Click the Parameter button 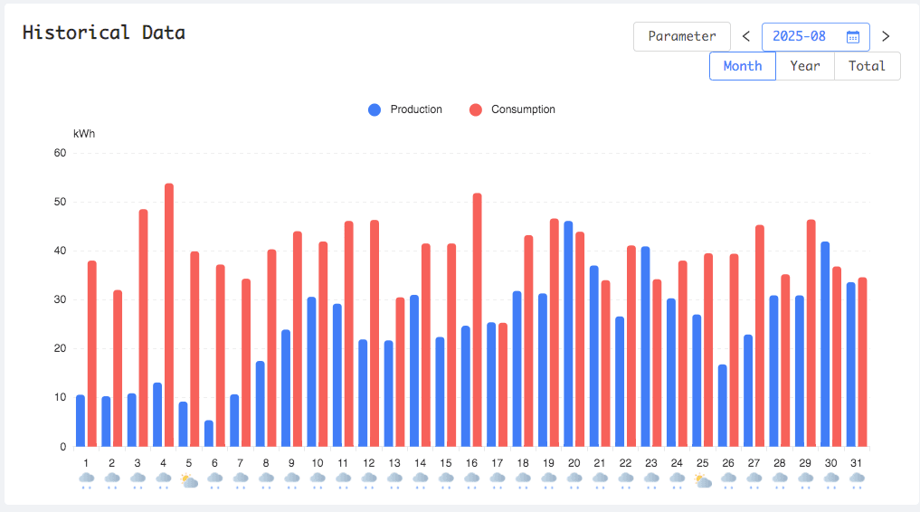681,36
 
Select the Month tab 743,66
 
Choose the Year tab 805,66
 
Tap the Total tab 867,66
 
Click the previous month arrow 746,36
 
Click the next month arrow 886,36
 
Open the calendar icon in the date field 852,37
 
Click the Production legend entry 405,109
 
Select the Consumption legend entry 512,109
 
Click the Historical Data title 104,33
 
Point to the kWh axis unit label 84,134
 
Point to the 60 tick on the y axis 61,153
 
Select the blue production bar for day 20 568,334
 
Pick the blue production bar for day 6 209,433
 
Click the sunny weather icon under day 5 188,480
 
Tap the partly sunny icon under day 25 702,480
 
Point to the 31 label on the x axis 857,463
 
